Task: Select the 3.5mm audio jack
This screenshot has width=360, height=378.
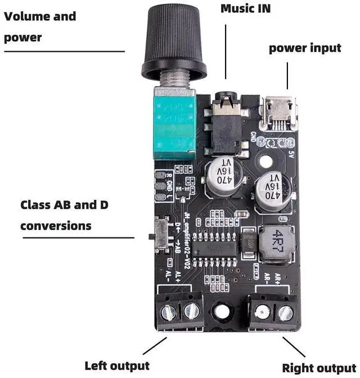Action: pos(227,124)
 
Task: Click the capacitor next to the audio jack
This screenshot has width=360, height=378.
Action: pos(221,175)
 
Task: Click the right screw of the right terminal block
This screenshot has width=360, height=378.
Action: pos(286,312)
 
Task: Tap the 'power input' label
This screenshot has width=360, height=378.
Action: pos(304,48)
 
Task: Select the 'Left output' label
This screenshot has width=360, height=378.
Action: pos(116,366)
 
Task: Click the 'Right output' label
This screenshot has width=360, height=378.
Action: pos(319,368)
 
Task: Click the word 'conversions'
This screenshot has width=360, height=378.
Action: pos(56,226)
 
